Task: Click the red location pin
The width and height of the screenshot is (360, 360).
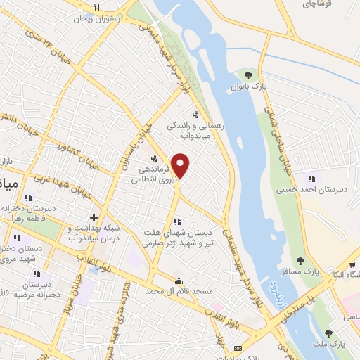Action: (181, 165)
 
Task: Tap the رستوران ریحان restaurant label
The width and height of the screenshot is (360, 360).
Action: (98, 19)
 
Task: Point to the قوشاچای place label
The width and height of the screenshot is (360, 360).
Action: (319, 4)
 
